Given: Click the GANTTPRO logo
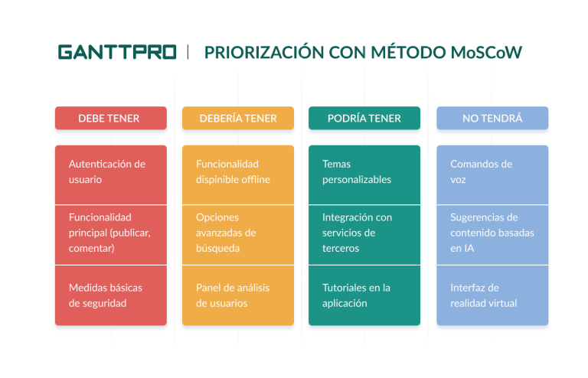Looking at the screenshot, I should pos(117,52).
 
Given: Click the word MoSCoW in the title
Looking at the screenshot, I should pos(486,52).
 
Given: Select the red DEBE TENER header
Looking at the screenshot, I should pos(110,119).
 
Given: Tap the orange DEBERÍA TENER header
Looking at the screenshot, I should pos(237,119).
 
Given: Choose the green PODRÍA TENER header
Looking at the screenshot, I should pos(364,119).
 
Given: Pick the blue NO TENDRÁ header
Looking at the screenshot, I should pos(492,119).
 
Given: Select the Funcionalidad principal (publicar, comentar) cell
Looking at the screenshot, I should pos(110,233).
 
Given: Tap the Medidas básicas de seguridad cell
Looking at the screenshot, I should pos(110,295).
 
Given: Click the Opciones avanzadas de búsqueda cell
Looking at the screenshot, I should pos(237,233).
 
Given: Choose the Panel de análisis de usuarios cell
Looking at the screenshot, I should pos(237,295).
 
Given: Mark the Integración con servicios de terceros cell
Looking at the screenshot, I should pos(364,233).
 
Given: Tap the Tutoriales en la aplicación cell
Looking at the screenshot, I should pos(364,295).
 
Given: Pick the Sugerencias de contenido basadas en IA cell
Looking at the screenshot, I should pos(492,233).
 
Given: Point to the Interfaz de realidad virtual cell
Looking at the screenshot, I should pos(492,295).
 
